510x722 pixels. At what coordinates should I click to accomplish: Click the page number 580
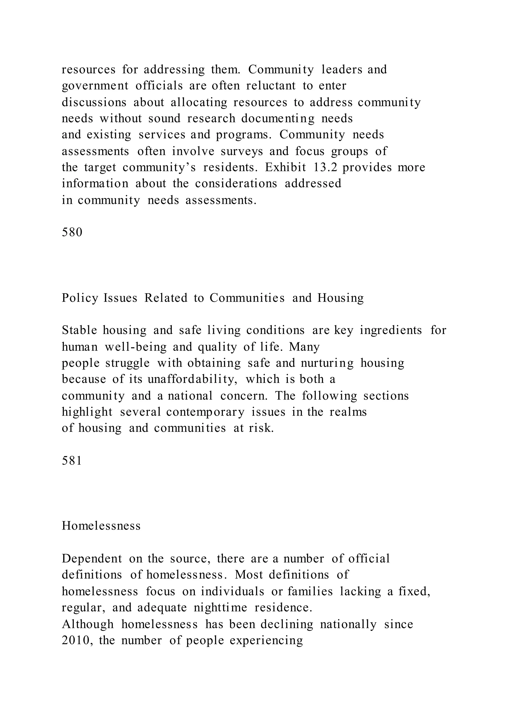point(72,232)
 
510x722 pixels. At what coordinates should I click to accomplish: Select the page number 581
point(72,461)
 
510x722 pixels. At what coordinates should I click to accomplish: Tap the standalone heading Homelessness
point(101,526)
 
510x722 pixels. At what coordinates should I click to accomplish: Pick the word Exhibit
point(285,167)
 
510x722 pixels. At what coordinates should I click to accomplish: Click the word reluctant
point(271,86)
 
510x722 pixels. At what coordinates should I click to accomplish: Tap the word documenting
point(278,119)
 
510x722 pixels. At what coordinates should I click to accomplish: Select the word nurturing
point(327,363)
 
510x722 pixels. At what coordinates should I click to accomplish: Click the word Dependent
point(92,559)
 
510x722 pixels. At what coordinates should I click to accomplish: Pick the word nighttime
point(220,608)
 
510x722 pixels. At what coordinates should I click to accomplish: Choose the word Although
point(88,624)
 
